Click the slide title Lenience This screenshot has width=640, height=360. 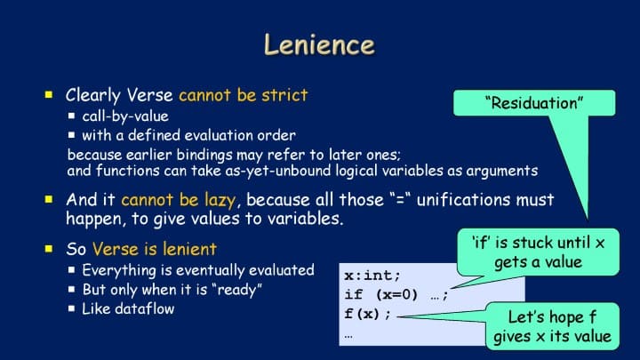(x=319, y=44)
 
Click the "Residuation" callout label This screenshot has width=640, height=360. (x=534, y=103)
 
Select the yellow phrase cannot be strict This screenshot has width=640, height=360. (x=244, y=95)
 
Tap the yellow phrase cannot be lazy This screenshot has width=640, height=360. (x=179, y=200)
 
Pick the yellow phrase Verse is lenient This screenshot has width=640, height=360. (x=155, y=249)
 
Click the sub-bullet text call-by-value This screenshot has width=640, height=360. (x=125, y=116)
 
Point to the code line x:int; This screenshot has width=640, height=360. (x=372, y=276)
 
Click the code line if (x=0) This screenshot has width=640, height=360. (x=380, y=295)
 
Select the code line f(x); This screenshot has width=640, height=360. (x=367, y=314)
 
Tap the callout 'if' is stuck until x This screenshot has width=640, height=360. (x=538, y=252)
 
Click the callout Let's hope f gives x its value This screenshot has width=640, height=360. (x=552, y=326)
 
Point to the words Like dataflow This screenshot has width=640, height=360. (x=128, y=309)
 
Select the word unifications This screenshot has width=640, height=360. (x=464, y=200)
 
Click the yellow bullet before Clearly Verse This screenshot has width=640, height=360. (x=49, y=95)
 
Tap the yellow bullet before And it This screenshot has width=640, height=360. (x=49, y=199)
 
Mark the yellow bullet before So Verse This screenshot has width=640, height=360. (x=49, y=249)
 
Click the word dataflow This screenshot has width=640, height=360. (x=145, y=309)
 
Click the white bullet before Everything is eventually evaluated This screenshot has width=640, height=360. (x=72, y=270)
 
